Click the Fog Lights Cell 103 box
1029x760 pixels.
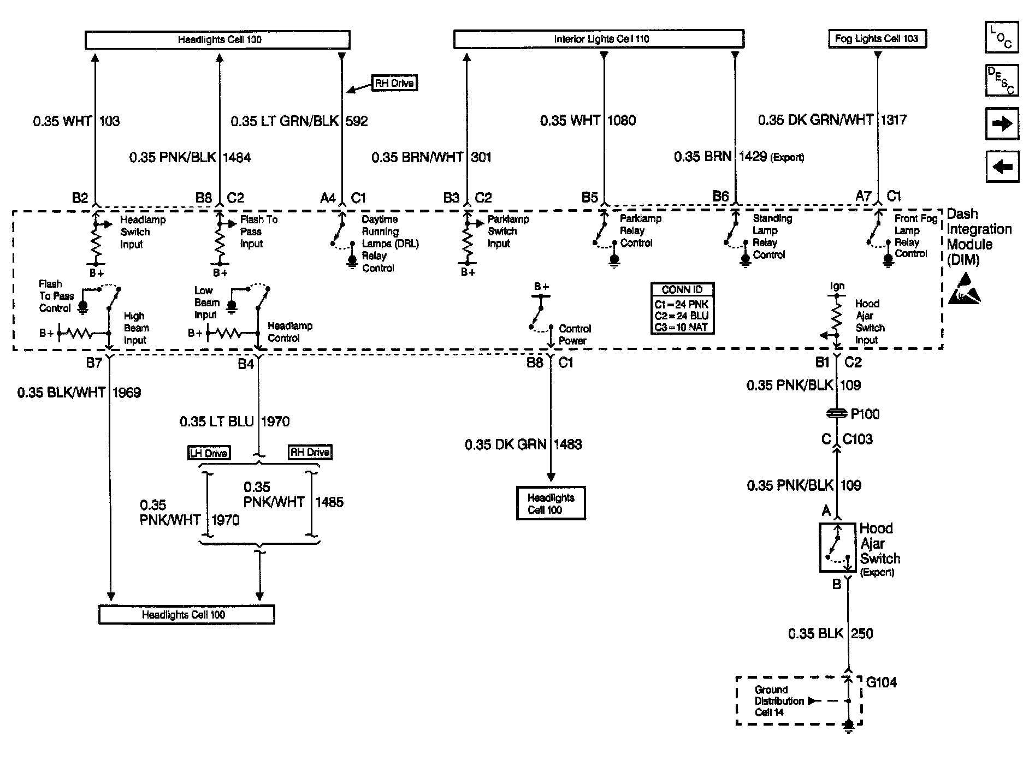click(877, 39)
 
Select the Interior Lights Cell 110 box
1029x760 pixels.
click(599, 39)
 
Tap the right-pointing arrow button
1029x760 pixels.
click(1002, 124)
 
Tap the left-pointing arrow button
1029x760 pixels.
click(1002, 167)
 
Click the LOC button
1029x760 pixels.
click(1001, 38)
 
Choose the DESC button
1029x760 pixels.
click(1001, 80)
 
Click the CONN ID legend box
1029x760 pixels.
click(682, 308)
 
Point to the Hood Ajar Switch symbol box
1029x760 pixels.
click(837, 548)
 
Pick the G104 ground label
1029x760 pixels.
click(881, 682)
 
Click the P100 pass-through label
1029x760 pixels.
click(865, 414)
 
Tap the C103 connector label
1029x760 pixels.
click(858, 439)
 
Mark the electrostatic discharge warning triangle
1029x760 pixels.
click(964, 290)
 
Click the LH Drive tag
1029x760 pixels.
click(209, 453)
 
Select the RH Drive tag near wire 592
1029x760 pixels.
click(394, 84)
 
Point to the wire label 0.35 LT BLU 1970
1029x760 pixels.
click(234, 421)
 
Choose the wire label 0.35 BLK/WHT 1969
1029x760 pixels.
click(79, 393)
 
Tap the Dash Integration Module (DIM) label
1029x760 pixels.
click(978, 236)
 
